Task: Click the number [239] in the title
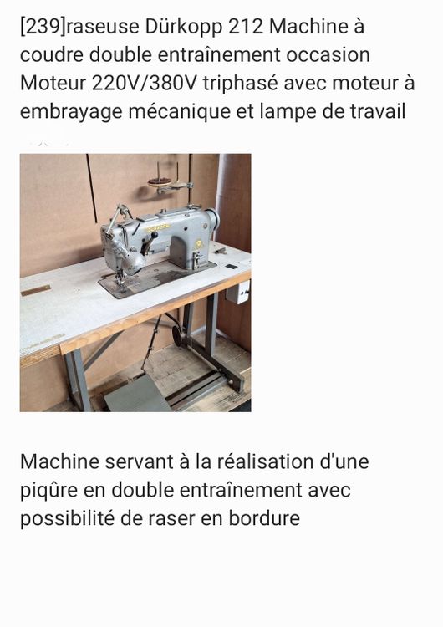(43, 28)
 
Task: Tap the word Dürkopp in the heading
(184, 28)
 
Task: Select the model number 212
(246, 28)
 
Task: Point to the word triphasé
(239, 84)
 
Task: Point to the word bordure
(264, 518)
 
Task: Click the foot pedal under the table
(137, 394)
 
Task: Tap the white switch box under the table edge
(237, 292)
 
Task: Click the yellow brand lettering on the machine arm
(157, 228)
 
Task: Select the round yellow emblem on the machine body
(198, 243)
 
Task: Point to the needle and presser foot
(120, 277)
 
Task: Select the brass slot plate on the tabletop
(36, 290)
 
